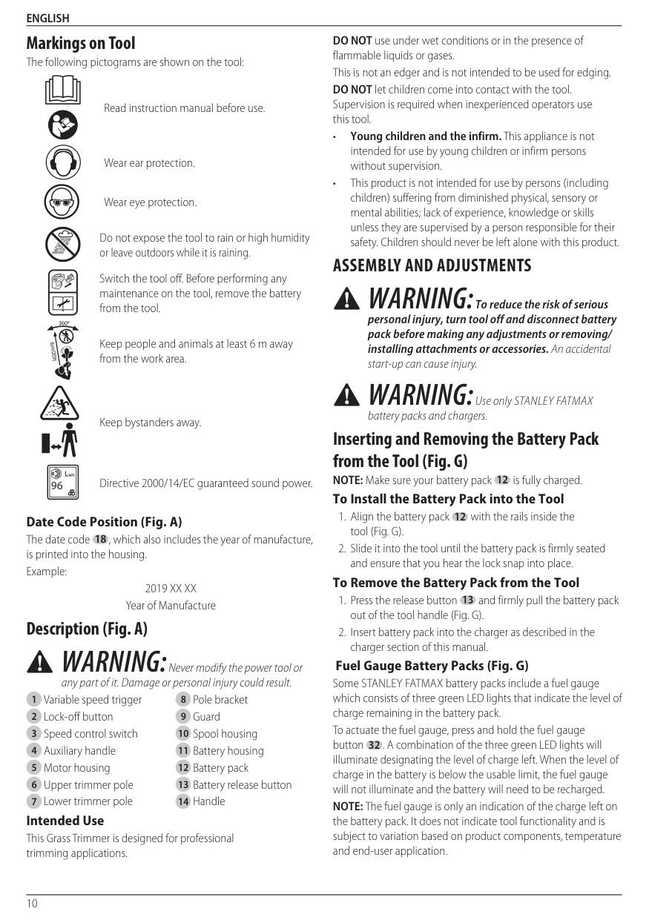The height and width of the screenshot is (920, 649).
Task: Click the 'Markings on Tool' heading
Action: (81, 43)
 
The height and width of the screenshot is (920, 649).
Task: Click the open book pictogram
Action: (63, 90)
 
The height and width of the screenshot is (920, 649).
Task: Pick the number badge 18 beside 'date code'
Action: (100, 539)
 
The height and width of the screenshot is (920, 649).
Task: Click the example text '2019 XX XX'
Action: (171, 589)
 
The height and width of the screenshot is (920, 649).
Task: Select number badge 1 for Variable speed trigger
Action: (33, 700)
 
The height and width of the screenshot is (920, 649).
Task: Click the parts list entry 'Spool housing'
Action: (225, 734)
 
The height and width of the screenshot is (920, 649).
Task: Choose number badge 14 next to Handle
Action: (183, 801)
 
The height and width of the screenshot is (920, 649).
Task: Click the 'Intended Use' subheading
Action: (65, 821)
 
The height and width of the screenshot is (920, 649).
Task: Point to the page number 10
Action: (32, 903)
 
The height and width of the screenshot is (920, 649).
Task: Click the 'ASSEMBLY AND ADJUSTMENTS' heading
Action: (432, 265)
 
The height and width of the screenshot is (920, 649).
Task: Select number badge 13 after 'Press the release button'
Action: (468, 600)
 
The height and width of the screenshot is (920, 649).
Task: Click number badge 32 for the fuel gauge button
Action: (374, 745)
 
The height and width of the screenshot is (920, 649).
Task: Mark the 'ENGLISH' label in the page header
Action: (47, 18)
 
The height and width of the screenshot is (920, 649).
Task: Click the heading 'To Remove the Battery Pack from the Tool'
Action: (455, 583)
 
